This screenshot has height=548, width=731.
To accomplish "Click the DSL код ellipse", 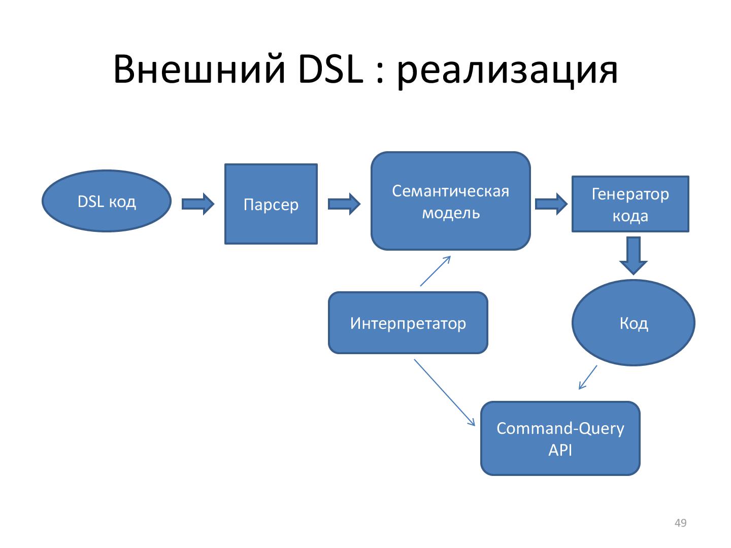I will pos(106,201).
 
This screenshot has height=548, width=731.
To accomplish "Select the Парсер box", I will pos(271,204).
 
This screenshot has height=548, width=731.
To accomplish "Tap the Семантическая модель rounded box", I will pos(450,201).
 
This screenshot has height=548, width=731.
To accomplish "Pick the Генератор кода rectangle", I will pos(630,204).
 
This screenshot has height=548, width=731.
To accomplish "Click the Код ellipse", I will pos(633,323).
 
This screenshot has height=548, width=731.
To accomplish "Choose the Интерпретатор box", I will pos(408,323).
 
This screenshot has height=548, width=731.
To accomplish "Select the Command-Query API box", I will pos(560,438).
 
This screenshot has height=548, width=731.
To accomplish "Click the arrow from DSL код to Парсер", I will pos(198,204).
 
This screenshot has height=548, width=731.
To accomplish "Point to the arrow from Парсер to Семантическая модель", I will pos(344,204).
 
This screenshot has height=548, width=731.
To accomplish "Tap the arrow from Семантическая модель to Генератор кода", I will pos(551,204).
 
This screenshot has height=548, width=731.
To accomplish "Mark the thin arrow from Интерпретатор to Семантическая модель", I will pos(436,271).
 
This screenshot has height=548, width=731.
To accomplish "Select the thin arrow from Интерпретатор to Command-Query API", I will pos(444,392).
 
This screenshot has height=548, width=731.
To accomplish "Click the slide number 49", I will pos(680,523).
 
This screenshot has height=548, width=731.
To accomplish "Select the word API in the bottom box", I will pos(560,450).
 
